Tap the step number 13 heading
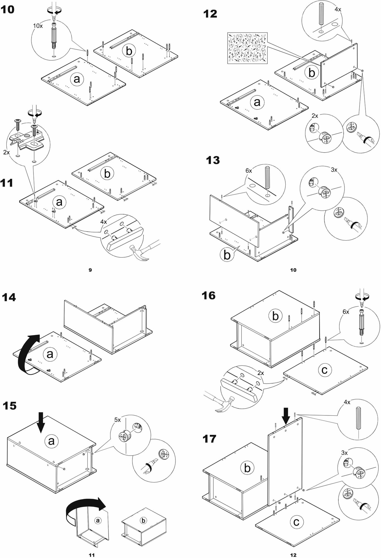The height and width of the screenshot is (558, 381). [213, 160]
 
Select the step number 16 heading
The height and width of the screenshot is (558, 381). [209, 295]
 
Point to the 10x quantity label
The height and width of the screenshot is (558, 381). [38, 26]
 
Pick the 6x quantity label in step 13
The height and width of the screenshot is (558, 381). [249, 170]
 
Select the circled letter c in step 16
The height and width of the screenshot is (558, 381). [324, 370]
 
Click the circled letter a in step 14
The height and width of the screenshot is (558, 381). [50, 354]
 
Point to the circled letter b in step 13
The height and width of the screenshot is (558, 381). [227, 255]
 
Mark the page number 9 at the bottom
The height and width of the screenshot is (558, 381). [90, 270]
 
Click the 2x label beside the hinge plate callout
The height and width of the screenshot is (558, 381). [6, 153]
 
